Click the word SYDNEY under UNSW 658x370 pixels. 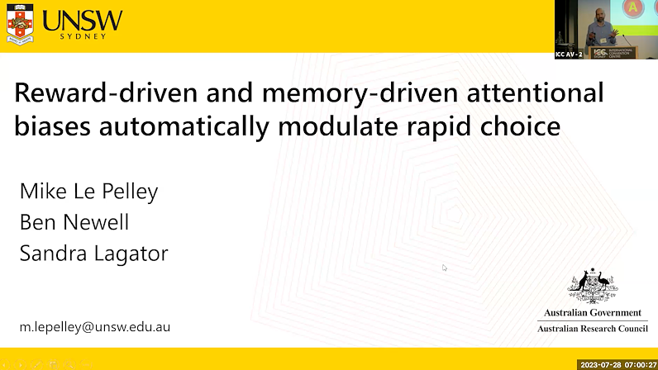(83, 38)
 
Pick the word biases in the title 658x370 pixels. (53, 127)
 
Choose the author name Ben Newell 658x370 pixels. (74, 222)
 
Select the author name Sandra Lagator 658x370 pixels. (93, 253)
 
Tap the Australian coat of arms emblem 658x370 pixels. (593, 287)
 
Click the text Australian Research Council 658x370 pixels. (592, 329)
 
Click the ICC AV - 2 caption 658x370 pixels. (570, 55)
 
